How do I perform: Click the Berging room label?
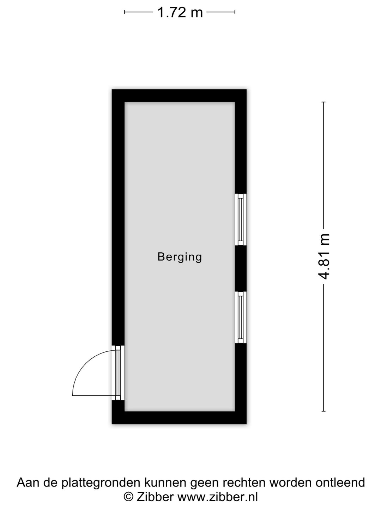[180, 257]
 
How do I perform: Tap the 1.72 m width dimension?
[180, 12]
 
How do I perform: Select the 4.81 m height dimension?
[323, 256]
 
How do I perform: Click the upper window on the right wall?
[241, 219]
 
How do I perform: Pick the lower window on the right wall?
[241, 317]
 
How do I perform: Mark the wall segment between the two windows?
[241, 268]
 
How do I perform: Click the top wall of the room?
[179, 96]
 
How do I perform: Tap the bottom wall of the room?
[179, 418]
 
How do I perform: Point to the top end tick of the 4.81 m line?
[323, 102]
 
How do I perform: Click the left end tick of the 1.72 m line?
[125, 12]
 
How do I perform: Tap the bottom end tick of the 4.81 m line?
[323, 411]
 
